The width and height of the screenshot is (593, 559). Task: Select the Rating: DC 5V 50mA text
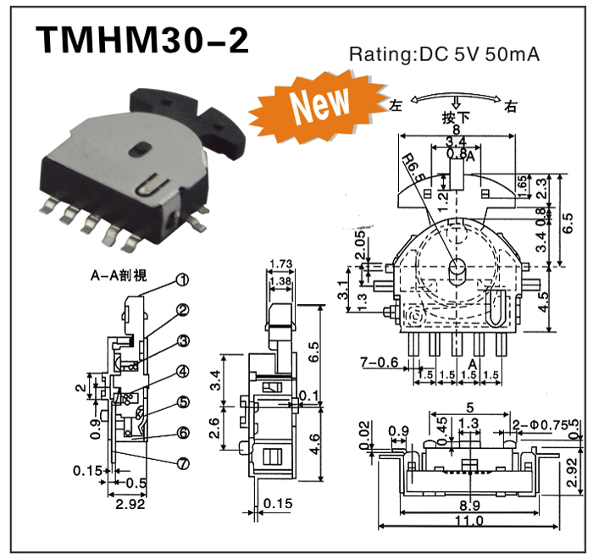tap(445, 56)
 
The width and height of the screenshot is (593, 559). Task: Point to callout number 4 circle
tap(183, 371)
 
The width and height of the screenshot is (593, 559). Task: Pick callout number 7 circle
tap(183, 462)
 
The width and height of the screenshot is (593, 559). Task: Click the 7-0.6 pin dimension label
tap(379, 363)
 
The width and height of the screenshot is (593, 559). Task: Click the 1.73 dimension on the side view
tap(280, 265)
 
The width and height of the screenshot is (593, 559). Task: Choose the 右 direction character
tap(511, 106)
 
